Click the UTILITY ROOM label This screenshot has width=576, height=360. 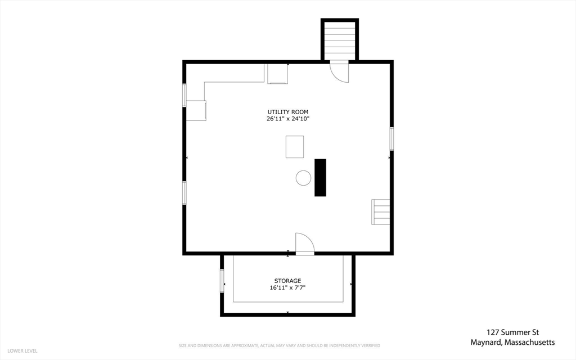coord(287,112)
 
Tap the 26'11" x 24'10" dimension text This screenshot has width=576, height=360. coord(288,119)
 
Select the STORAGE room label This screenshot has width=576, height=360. coord(287,281)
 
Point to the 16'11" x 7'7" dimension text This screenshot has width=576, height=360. coord(287,287)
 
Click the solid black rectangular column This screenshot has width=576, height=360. coord(320,177)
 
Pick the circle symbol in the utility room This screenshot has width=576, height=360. coord(303,178)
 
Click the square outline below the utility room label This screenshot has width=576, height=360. coord(295,147)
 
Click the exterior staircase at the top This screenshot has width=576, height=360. coord(340,40)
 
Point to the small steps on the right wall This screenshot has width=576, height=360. coord(381,212)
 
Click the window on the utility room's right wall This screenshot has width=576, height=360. coord(391,138)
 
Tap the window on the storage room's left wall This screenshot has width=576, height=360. coord(222,281)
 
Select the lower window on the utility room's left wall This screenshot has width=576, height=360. coord(184,193)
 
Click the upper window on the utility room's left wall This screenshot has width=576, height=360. coord(184,95)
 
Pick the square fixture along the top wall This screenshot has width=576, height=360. coord(278,74)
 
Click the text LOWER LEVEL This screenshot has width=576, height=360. coord(22,351)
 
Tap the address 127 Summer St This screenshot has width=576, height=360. coord(513,332)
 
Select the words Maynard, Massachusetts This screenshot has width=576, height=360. coord(513,343)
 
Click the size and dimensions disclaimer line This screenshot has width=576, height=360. coord(280,346)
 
